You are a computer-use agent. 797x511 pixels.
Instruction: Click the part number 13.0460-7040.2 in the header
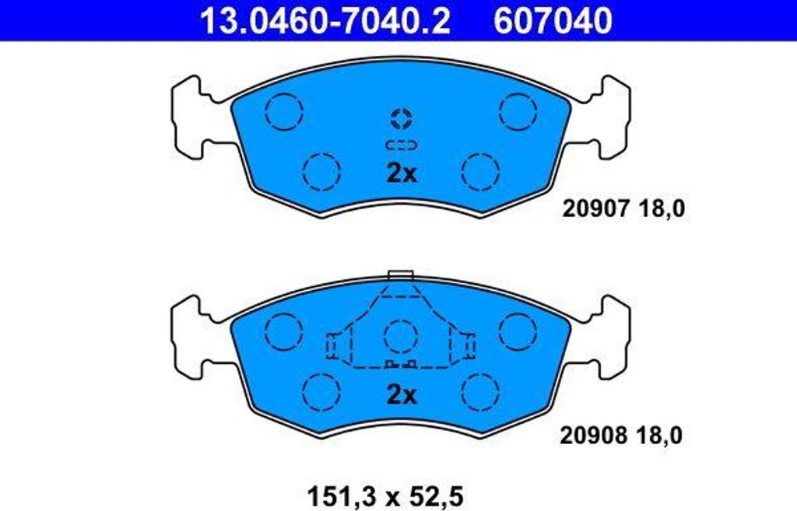pos(325,21)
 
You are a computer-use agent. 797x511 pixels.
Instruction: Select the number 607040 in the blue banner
pos(553,21)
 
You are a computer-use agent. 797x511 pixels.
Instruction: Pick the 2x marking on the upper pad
pos(402,173)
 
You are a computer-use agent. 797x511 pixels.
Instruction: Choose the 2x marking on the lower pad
pos(402,395)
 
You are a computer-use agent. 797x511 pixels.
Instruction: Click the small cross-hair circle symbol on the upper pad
pos(402,119)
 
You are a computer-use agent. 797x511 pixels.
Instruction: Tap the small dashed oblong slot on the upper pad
pos(402,145)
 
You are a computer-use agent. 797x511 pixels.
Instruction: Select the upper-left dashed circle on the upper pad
pos(283,111)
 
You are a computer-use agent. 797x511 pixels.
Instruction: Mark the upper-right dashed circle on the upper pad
pos(518,111)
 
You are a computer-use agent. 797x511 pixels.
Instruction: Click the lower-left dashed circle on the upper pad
pos(321,171)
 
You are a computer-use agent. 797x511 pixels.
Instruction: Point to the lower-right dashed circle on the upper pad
pos(479,171)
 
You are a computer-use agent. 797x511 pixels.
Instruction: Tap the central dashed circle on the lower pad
pos(402,337)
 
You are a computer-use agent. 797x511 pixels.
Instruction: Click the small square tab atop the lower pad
pos(400,275)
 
